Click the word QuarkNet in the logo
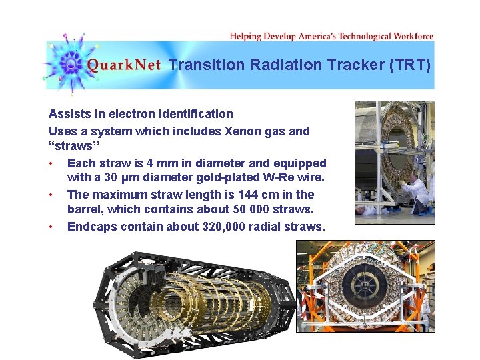coord(124,65)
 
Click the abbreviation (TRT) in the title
coord(414,65)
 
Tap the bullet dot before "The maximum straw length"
coord(51,195)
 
